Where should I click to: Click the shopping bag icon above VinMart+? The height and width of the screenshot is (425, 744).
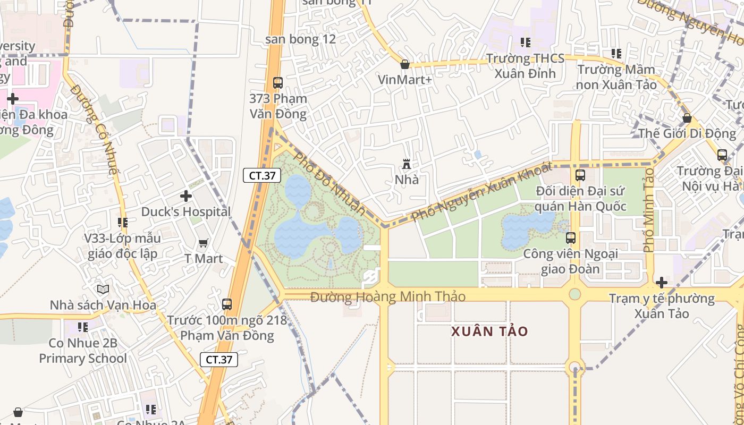[405, 64]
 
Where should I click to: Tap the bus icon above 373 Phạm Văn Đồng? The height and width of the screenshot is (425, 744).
[277, 83]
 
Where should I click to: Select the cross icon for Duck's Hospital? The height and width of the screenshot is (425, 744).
[186, 196]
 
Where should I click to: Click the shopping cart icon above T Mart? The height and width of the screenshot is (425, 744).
[203, 243]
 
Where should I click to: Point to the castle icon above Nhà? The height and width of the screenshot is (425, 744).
[407, 164]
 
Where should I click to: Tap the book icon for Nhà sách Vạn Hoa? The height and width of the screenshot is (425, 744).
[103, 289]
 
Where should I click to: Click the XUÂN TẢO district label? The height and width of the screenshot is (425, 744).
[489, 331]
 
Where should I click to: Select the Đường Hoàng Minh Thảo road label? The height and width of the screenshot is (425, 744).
[388, 296]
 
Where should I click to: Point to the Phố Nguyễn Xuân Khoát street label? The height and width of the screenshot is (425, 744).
[481, 191]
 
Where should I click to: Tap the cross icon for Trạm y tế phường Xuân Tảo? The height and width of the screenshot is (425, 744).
[662, 282]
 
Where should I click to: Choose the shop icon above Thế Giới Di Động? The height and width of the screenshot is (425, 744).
[687, 118]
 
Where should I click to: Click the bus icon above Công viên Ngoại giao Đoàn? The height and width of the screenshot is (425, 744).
[571, 238]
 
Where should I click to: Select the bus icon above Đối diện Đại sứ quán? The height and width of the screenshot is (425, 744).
[580, 175]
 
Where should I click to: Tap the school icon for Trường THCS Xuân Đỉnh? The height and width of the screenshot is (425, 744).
[526, 42]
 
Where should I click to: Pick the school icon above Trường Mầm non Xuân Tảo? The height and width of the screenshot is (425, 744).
[616, 54]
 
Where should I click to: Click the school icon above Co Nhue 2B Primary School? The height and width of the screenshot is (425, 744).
[83, 327]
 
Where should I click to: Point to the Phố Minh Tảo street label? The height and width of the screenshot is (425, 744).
[648, 210]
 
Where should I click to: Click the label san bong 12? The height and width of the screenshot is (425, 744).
[301, 39]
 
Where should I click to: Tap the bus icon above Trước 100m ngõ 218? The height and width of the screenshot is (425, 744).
[227, 304]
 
